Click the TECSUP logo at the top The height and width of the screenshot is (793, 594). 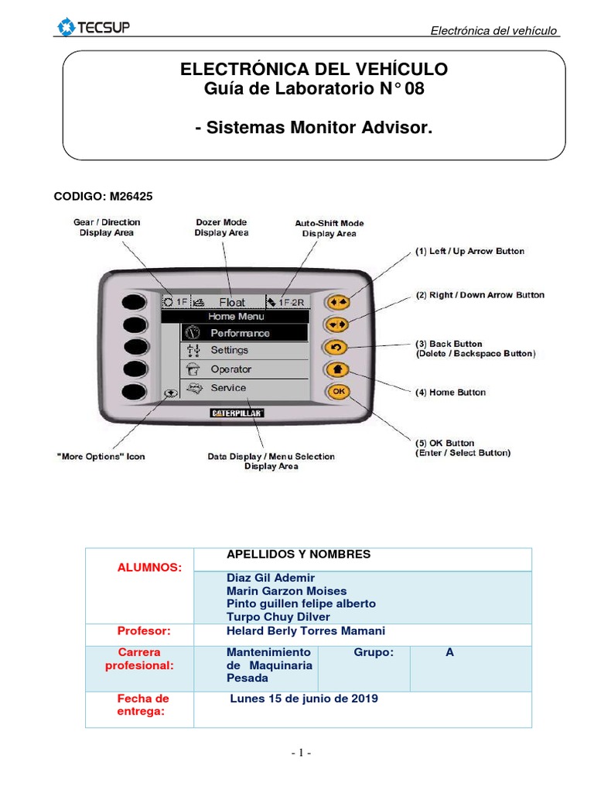[94, 29]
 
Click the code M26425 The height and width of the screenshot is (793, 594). [103, 197]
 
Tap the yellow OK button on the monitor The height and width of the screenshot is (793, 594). [338, 391]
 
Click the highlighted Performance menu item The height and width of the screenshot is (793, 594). [240, 333]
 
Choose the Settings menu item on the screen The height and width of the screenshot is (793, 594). [230, 350]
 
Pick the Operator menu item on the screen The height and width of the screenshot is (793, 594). [231, 369]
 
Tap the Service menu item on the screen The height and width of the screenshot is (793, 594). [228, 388]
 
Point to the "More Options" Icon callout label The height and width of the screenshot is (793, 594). [100, 456]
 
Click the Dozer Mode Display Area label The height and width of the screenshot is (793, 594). [221, 227]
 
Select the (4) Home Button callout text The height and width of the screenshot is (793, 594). [451, 393]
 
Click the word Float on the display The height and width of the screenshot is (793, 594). [232, 302]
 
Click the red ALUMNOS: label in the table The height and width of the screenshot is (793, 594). [149, 568]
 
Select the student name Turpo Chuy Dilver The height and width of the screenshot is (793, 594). [278, 616]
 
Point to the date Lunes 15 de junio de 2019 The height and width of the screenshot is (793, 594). [304, 699]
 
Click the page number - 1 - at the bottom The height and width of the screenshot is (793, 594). [301, 753]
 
